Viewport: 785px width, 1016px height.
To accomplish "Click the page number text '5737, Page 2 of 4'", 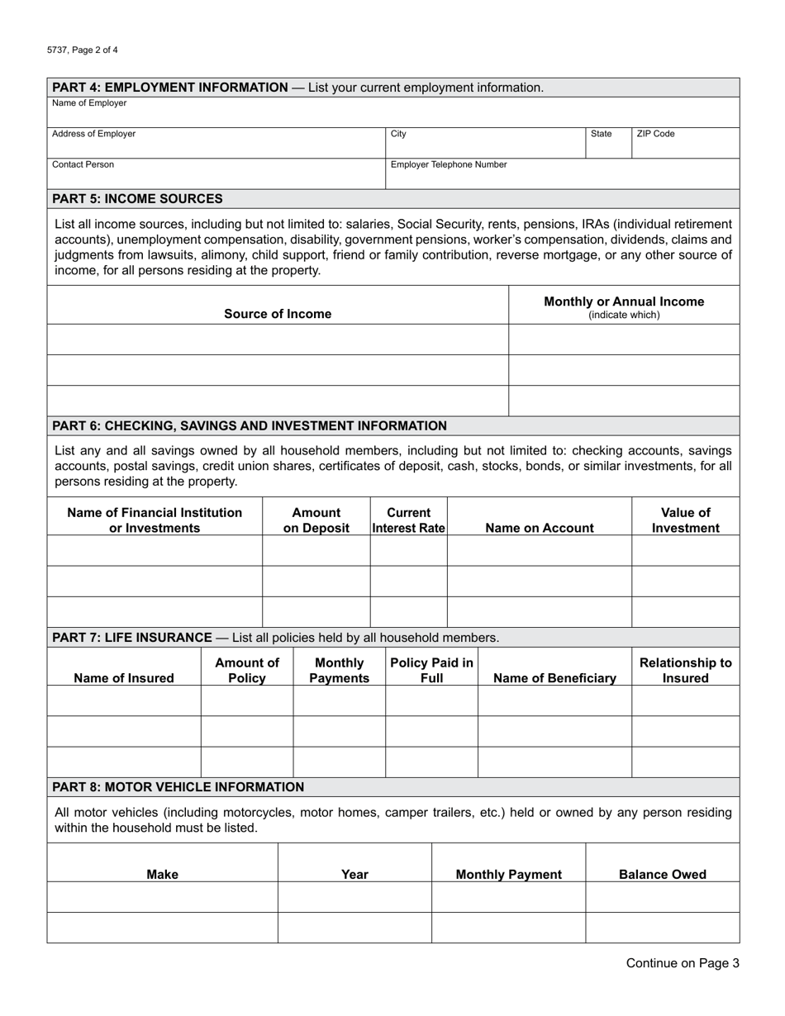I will pyautogui.click(x=83, y=50).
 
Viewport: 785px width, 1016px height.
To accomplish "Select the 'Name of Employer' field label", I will pyautogui.click(x=89, y=103).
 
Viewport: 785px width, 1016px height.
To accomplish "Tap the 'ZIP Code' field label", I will pyautogui.click(x=655, y=134).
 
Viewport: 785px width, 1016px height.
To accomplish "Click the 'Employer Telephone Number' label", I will pyautogui.click(x=449, y=164).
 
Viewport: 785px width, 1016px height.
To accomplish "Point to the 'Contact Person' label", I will pyautogui.click(x=83, y=164).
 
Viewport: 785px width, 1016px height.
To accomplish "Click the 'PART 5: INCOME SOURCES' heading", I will pyautogui.click(x=137, y=198).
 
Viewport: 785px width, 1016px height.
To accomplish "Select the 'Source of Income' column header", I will pyautogui.click(x=278, y=314).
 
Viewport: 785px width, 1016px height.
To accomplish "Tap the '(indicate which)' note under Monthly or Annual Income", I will pyautogui.click(x=624, y=315).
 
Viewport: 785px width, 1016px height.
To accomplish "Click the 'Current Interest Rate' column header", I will pyautogui.click(x=409, y=520).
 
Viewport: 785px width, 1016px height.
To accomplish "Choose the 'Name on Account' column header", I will pyautogui.click(x=540, y=528).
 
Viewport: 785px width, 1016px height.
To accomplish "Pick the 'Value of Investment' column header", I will pyautogui.click(x=685, y=520).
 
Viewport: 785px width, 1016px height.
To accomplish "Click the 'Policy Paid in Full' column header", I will pyautogui.click(x=431, y=671).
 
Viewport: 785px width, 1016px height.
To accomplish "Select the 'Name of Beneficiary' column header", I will pyautogui.click(x=554, y=678).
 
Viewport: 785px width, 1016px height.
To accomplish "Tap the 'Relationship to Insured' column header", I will pyautogui.click(x=685, y=671).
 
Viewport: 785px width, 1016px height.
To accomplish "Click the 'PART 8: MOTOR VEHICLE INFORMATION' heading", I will pyautogui.click(x=178, y=787).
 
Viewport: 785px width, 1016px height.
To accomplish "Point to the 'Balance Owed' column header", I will pyautogui.click(x=663, y=874).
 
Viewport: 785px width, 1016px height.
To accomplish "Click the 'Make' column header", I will pyautogui.click(x=162, y=874).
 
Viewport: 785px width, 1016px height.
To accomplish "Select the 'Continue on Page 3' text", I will pyautogui.click(x=683, y=962).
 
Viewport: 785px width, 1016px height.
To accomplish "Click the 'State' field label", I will pyautogui.click(x=602, y=134).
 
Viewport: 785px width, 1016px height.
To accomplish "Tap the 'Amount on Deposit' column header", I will pyautogui.click(x=316, y=520).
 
